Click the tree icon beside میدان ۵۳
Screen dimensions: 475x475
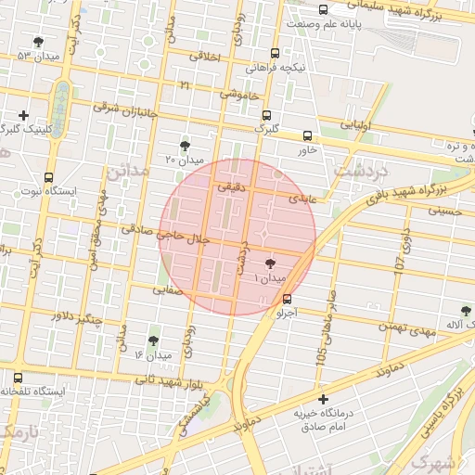tap(37, 42)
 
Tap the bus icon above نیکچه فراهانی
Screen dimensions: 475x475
tap(274, 53)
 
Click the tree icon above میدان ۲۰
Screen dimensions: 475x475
tap(185, 145)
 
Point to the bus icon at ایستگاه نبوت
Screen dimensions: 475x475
tap(48, 176)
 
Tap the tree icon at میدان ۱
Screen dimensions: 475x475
tap(270, 264)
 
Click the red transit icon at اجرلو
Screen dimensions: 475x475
tap(286, 299)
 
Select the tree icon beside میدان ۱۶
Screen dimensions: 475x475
tap(153, 341)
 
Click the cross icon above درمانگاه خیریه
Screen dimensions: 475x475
tap(323, 399)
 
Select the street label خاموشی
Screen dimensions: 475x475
tap(238, 94)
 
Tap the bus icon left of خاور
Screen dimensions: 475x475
tap(307, 135)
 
